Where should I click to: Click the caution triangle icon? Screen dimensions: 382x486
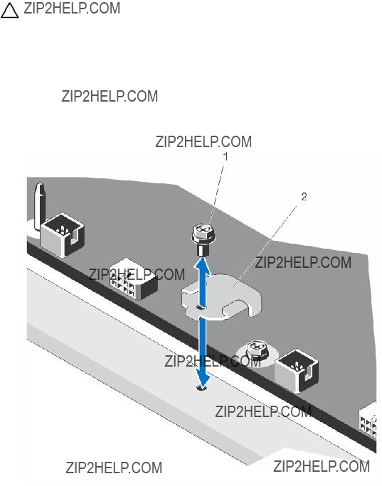10,11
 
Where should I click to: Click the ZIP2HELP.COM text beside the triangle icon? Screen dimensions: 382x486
72,8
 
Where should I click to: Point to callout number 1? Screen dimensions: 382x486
226,157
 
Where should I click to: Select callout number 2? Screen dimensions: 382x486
304,197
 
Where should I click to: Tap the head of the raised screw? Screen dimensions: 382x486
203,232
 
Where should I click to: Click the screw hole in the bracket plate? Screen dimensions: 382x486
200,306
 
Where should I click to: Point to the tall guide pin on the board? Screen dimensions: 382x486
40,207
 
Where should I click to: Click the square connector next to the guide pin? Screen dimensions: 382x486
62,234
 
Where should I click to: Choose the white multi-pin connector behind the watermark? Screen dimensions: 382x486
134,279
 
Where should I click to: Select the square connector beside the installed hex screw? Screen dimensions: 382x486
296,370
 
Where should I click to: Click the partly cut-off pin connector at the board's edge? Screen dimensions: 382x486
370,423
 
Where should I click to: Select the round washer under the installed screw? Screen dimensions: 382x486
255,356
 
